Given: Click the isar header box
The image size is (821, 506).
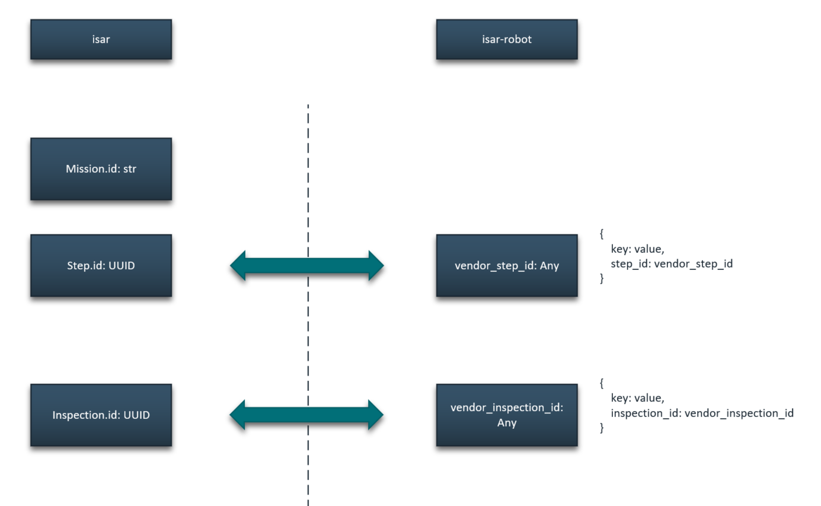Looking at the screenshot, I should click(101, 40).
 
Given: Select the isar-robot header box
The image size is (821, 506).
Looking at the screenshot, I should click(506, 40).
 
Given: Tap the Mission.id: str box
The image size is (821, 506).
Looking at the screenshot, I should click(101, 169).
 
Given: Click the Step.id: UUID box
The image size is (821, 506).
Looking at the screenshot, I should click(101, 265).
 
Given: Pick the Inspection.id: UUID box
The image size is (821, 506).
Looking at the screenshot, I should click(101, 415).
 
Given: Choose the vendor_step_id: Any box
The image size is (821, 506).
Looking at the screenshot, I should click(506, 265).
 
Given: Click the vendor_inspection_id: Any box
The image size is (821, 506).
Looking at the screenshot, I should click(506, 415).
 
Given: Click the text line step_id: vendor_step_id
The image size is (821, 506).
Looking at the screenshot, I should click(672, 263).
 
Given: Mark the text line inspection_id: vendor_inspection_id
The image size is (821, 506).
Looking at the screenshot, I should click(702, 413).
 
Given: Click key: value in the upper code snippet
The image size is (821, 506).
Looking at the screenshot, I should click(637, 249).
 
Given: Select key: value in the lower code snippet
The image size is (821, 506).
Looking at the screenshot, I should click(637, 398).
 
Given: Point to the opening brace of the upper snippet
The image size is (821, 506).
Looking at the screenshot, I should click(602, 234).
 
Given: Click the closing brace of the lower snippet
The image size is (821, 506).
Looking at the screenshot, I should click(602, 427).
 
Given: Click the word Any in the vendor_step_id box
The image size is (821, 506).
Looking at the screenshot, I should click(550, 265).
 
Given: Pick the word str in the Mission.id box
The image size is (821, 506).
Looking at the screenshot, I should click(129, 169).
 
